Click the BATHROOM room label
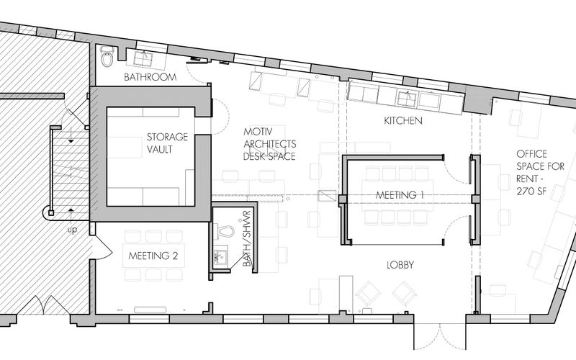point(150,77)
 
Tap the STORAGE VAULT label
point(167,143)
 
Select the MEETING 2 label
point(153,256)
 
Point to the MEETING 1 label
point(400,195)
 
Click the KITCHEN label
point(403,120)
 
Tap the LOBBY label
point(400,265)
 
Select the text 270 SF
point(531,191)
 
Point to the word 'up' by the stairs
point(72,230)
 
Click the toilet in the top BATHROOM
point(107,56)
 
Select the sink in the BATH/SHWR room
point(221,255)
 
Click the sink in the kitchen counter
point(408,99)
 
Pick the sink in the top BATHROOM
point(143,59)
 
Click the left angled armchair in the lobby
point(369,293)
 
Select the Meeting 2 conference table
point(153,256)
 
